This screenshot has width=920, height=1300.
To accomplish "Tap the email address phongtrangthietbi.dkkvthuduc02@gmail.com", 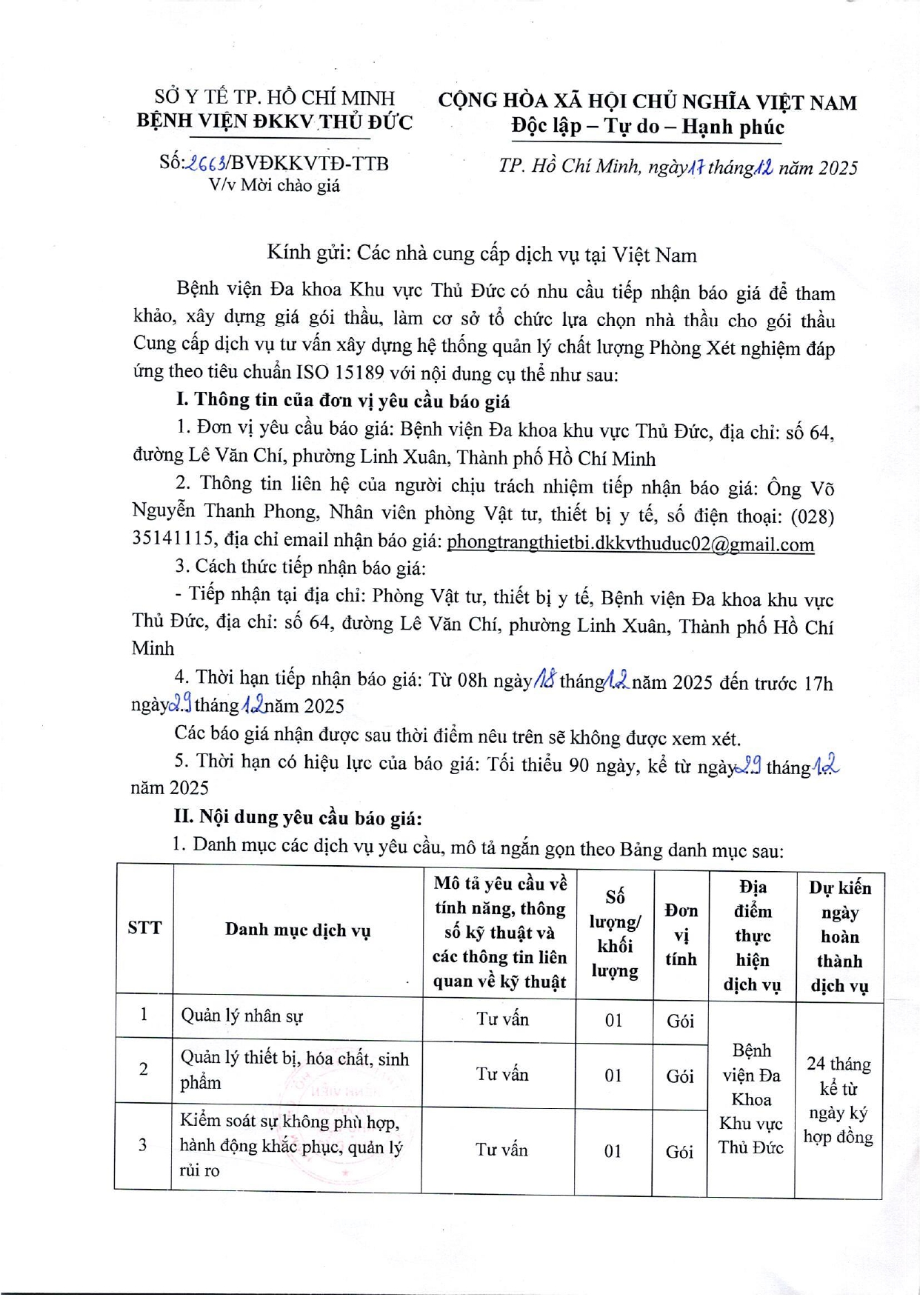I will [x=630, y=544].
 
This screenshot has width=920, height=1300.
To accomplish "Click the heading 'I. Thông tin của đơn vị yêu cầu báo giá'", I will [x=343, y=401].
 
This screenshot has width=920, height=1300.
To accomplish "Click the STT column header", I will [x=144, y=928].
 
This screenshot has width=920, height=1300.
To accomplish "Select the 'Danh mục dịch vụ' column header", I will [x=298, y=930].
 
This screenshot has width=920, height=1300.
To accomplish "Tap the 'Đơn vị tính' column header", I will [x=681, y=934].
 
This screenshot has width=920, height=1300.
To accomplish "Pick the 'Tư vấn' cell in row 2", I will [x=502, y=1074].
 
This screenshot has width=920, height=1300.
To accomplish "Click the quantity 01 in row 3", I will [x=613, y=1151].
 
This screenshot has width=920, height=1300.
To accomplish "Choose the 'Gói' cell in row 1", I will [x=680, y=1021].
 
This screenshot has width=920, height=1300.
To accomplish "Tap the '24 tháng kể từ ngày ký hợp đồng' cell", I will [x=839, y=1100].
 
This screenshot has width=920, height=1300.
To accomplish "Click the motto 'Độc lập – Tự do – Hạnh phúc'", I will [x=647, y=127].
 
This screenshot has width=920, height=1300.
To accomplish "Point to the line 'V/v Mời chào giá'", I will [x=274, y=185].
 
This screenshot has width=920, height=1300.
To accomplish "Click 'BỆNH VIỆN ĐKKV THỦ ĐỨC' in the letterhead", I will [x=275, y=121].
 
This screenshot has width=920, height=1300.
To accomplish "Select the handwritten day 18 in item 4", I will [x=545, y=679].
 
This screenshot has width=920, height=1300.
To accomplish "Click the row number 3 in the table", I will [x=143, y=1145].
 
